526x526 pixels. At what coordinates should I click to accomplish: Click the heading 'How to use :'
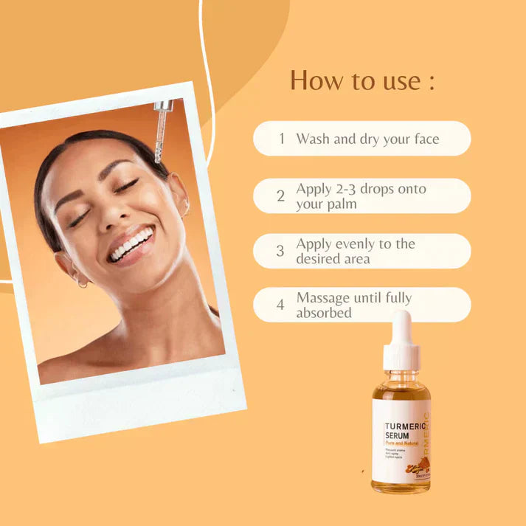[361, 80]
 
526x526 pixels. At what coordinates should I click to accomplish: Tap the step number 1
[282, 139]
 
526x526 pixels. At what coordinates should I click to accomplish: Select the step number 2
[280, 196]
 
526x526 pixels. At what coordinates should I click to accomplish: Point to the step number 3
[280, 251]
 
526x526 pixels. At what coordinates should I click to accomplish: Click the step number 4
[280, 305]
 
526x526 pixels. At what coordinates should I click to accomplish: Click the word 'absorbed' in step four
[324, 313]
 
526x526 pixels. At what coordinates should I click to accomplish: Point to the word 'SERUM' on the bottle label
[398, 436]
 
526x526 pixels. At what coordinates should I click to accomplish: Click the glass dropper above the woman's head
[161, 130]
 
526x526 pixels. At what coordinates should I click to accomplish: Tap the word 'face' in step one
[424, 139]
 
